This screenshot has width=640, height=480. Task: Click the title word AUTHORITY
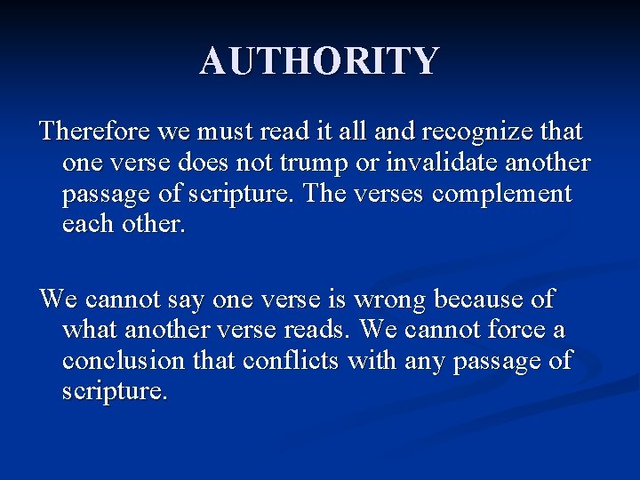pos(319,61)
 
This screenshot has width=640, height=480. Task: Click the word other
pos(156,225)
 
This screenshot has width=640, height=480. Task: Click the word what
pos(92,331)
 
